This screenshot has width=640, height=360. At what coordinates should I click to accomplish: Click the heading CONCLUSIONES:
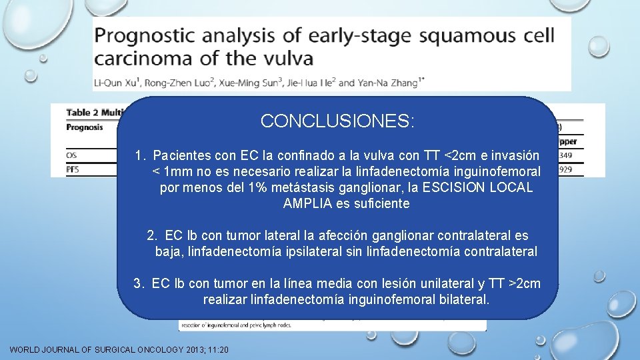pyautogui.click(x=337, y=121)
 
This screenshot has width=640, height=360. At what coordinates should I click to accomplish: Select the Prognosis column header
pyautogui.click(x=85, y=126)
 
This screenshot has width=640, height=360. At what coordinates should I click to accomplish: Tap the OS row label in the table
pyautogui.click(x=71, y=155)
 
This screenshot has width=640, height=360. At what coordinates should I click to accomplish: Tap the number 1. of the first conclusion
pyautogui.click(x=140, y=156)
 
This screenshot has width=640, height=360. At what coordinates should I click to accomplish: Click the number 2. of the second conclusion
pyautogui.click(x=153, y=235)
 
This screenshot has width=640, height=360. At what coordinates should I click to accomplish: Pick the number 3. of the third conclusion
pyautogui.click(x=139, y=284)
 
